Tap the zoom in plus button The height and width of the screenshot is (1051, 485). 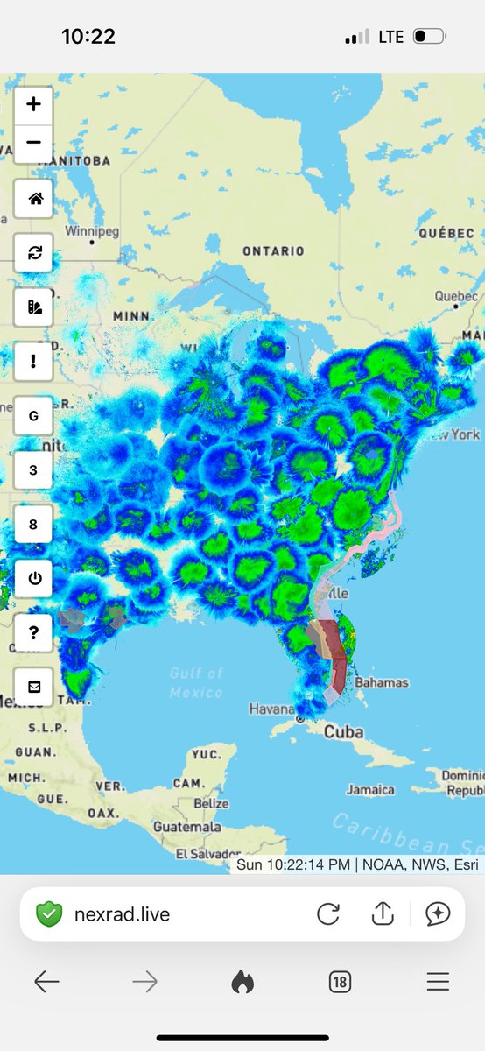click(33, 104)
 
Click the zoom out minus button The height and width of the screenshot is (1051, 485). click(33, 142)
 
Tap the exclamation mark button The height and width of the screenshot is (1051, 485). click(33, 362)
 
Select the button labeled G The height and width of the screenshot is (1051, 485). click(33, 416)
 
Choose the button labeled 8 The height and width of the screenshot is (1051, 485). click(33, 525)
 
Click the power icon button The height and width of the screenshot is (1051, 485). click(33, 578)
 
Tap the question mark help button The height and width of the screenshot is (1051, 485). click(33, 633)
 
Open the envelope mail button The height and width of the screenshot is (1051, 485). click(33, 688)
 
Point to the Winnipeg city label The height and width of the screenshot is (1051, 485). click(91, 231)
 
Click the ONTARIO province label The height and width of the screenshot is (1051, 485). click(273, 251)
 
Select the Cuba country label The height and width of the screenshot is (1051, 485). click(344, 732)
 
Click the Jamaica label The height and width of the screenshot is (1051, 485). click(370, 789)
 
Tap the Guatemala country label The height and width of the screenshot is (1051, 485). click(187, 827)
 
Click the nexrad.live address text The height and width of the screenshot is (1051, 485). click(122, 914)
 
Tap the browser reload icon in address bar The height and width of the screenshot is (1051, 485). click(328, 914)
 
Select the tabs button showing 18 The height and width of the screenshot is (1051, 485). click(340, 983)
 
